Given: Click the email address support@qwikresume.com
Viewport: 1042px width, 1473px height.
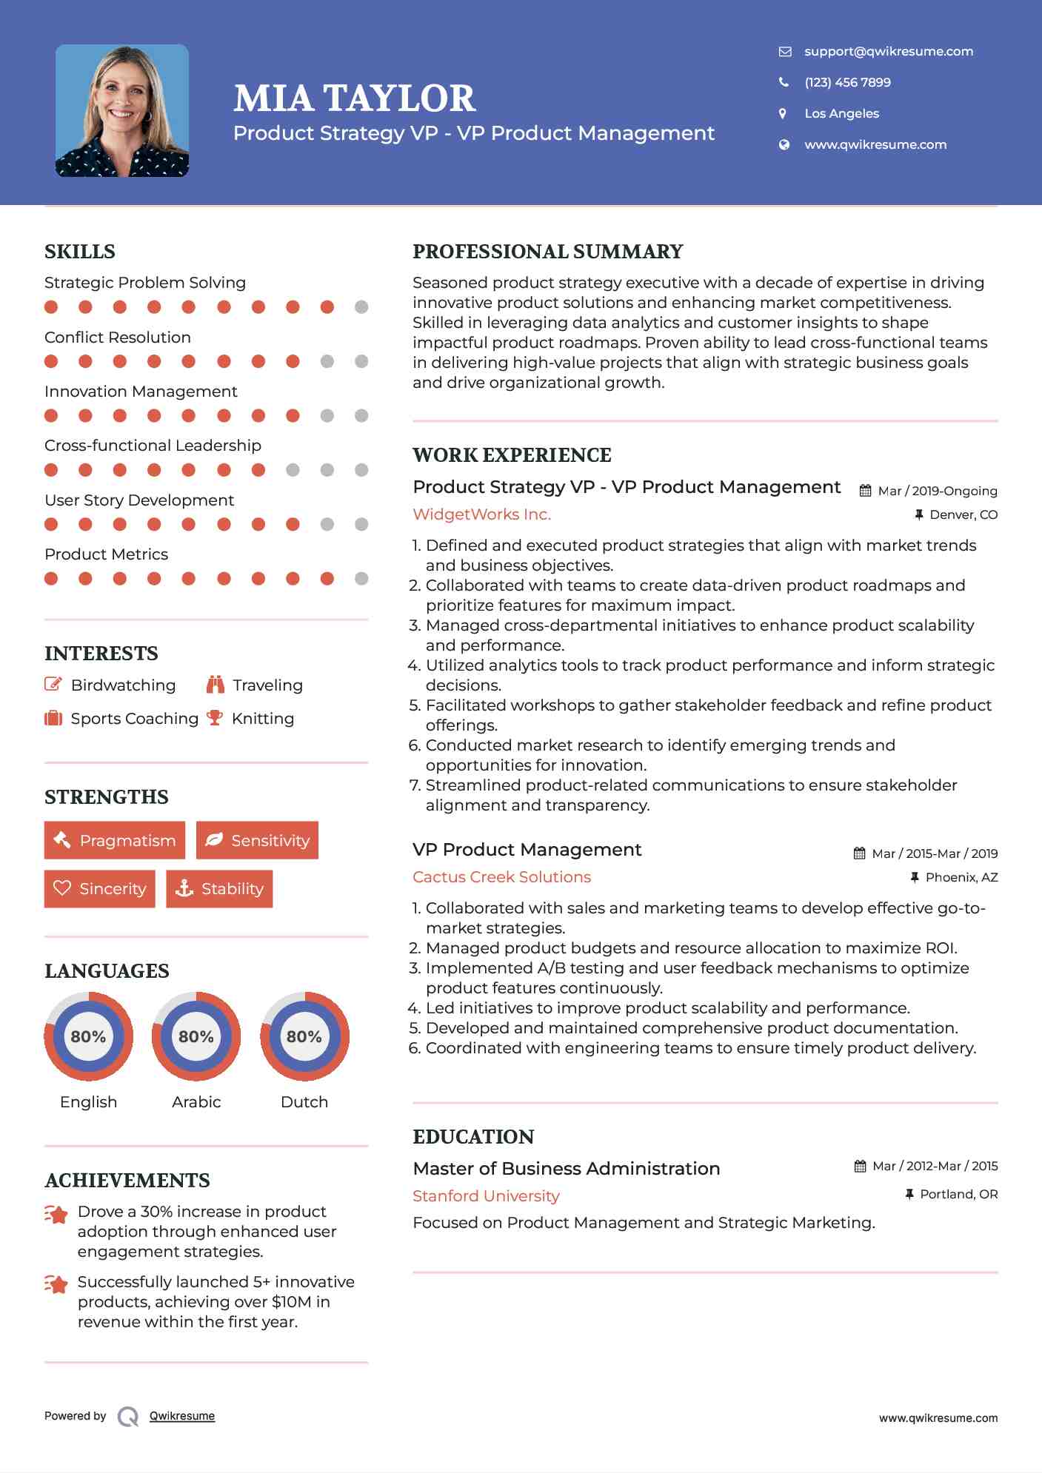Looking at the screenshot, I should [x=888, y=51].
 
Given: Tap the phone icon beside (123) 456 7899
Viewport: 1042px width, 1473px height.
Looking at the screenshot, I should [x=784, y=82].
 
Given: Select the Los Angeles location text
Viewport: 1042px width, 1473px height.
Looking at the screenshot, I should [x=841, y=113].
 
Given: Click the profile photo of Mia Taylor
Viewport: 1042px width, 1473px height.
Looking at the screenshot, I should [x=122, y=111].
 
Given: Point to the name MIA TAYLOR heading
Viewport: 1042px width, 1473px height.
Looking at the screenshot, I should [x=354, y=98].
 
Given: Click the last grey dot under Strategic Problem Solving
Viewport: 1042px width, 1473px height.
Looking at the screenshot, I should [x=361, y=307].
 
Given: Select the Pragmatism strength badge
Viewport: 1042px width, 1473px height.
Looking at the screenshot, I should [x=115, y=840].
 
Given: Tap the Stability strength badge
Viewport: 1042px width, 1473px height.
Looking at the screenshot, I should [x=219, y=888].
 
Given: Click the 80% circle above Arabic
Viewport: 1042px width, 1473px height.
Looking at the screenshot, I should [x=196, y=1036].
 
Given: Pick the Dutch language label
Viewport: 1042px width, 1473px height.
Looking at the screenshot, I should [x=304, y=1101].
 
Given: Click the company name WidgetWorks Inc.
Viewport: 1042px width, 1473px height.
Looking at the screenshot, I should [x=481, y=514].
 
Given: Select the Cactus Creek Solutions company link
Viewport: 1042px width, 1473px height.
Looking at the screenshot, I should [x=501, y=877].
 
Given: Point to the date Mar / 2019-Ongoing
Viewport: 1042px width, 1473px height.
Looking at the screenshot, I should [x=937, y=491].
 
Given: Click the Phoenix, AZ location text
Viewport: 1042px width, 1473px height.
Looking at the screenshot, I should [x=961, y=877].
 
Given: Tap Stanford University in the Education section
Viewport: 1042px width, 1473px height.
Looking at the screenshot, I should [x=486, y=1195].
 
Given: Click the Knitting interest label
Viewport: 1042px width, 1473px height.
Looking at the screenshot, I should [x=262, y=719].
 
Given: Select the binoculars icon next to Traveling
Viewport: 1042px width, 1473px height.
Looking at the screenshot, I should [x=216, y=685].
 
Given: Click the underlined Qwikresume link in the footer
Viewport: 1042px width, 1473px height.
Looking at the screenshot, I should [x=182, y=1416].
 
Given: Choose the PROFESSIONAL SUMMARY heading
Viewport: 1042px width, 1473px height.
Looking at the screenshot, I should [x=547, y=252].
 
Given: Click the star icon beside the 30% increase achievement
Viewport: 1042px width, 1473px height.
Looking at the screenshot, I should [x=56, y=1214].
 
